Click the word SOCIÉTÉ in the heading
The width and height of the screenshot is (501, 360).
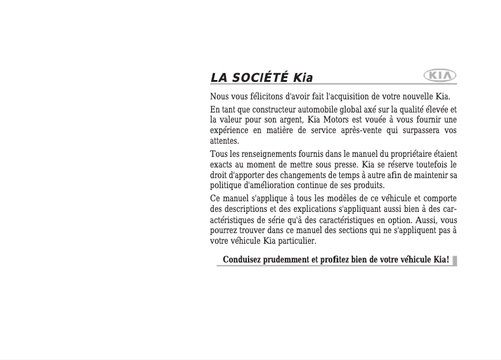(259, 78)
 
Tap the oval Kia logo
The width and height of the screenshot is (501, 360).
(440, 76)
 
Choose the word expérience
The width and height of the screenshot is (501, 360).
(230, 130)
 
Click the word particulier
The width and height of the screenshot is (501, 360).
(294, 241)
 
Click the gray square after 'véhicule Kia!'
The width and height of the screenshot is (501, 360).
(455, 260)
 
